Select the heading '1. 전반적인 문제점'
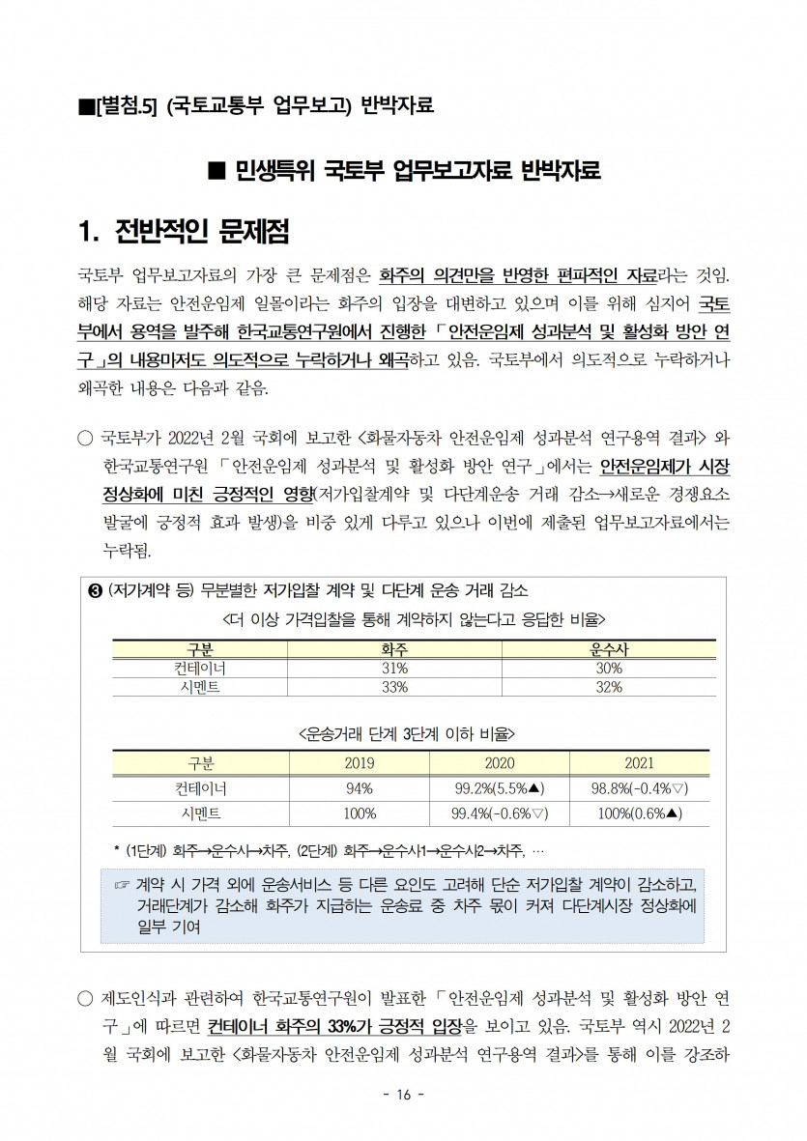pyautogui.click(x=184, y=232)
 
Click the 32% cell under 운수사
pyautogui.click(x=609, y=687)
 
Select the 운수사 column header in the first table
pyautogui.click(x=609, y=649)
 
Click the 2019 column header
pyautogui.click(x=360, y=762)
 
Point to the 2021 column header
pyautogui.click(x=639, y=762)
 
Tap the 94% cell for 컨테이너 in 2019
pyautogui.click(x=360, y=788)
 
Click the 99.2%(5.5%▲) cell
pyautogui.click(x=500, y=788)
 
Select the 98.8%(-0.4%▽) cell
pyautogui.click(x=639, y=788)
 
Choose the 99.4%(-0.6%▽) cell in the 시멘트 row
pyautogui.click(x=500, y=813)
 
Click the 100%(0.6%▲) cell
pyautogui.click(x=639, y=813)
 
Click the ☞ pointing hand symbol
pyautogui.click(x=122, y=885)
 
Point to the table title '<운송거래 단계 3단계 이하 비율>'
pyautogui.click(x=406, y=733)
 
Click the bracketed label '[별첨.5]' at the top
pyautogui.click(x=123, y=104)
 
